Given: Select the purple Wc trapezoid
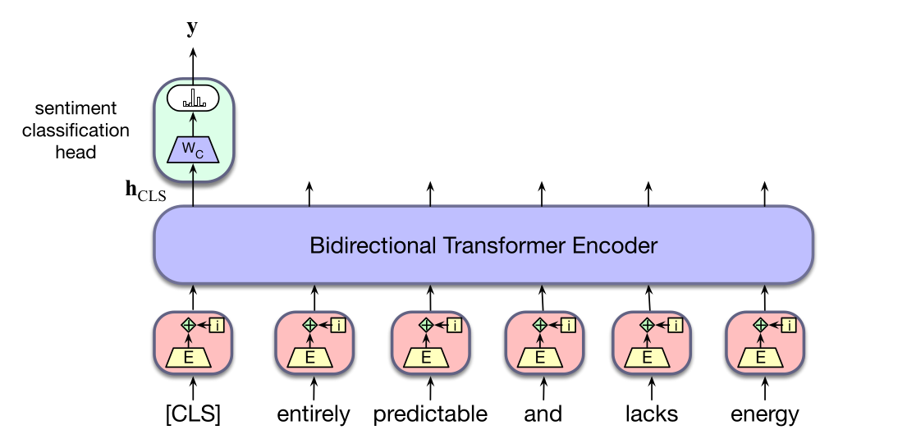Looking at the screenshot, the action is coord(193,150).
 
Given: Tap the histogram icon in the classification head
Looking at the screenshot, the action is coord(193,98).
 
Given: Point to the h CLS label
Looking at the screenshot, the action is coord(146,191).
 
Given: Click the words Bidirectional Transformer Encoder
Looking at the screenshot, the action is coord(483,245).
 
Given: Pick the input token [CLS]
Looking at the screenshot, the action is coord(193,414).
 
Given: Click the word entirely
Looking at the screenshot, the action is coord(314,414).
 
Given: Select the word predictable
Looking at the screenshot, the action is coord(430,414).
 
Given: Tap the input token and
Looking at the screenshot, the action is coord(543,414).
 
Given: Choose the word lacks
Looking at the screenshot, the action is coord(652,414).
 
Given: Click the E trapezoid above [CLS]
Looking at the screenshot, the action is coord(189,358).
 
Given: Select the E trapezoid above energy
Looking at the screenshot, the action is coord(760,358).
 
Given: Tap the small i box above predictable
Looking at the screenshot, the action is coord(455,326).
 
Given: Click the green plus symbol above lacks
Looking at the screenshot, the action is coord(648,325).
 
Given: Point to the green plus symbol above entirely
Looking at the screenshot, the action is coord(310,325).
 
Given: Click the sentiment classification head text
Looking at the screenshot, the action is coord(76,130).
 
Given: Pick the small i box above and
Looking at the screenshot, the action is coord(569,326).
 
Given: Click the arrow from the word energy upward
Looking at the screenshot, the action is coord(765,389).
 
